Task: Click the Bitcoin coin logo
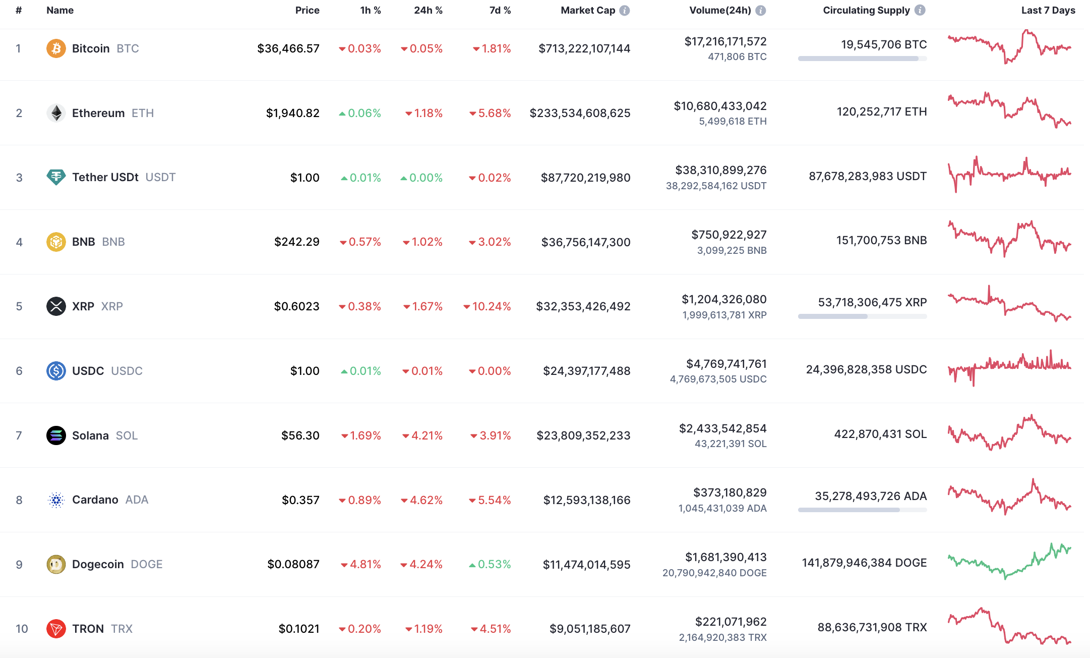pos(56,48)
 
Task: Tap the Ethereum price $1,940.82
pos(292,113)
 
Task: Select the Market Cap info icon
pos(624,11)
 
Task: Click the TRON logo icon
pos(56,629)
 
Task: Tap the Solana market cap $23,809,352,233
pos(583,435)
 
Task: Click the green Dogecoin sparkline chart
pos(1009,561)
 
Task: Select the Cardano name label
pos(95,500)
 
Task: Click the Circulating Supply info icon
pos(920,11)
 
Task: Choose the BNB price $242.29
pos(296,242)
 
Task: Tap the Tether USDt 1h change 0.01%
pos(361,178)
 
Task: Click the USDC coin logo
pos(56,371)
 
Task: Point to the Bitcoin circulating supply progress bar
pos(862,59)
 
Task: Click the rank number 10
pos(22,629)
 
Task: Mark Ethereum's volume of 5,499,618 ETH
pos(733,121)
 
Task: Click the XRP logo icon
pos(56,306)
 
